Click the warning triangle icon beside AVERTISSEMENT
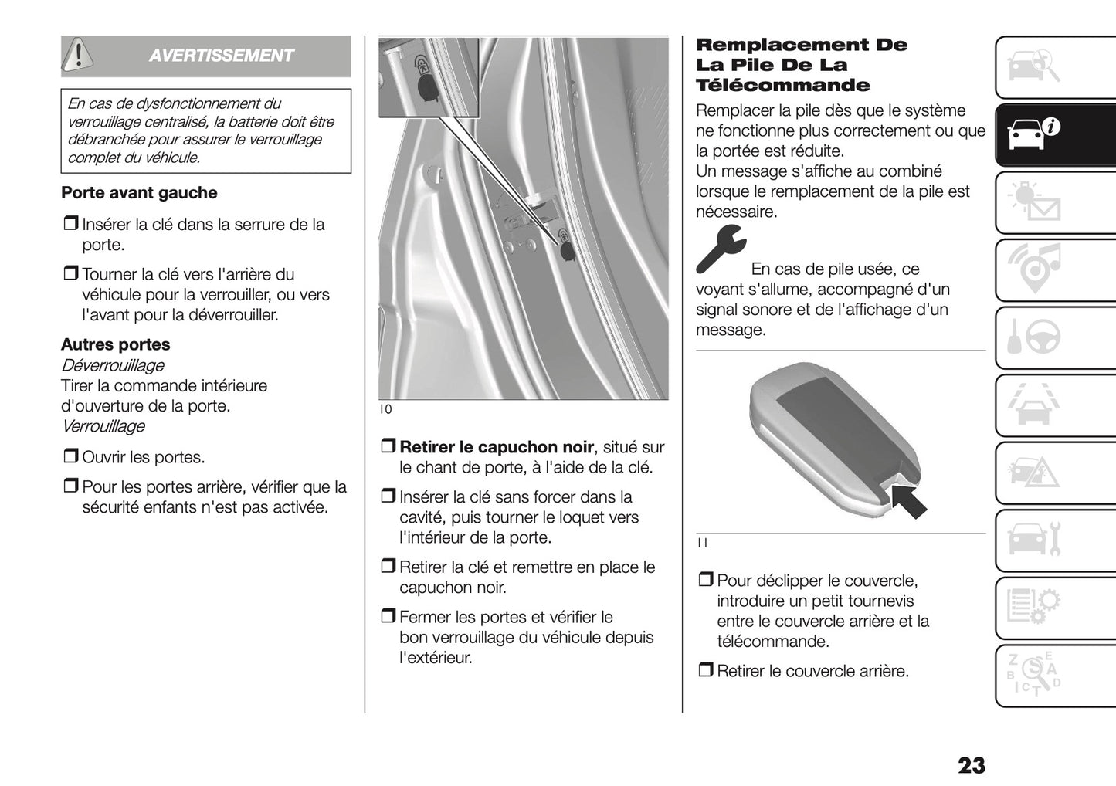point(78,55)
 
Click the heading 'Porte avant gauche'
point(139,193)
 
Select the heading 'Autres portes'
point(116,344)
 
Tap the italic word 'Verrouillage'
point(103,426)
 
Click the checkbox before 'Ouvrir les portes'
point(70,457)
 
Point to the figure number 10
point(385,409)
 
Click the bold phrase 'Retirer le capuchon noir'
point(497,447)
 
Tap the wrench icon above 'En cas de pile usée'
point(720,249)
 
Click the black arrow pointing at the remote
point(909,500)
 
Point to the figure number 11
point(702,543)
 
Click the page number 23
point(971,764)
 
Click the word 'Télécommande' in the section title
point(782,86)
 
